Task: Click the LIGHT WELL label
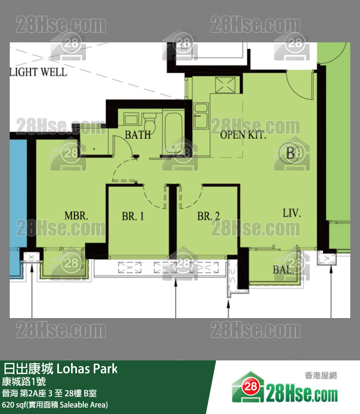coord(38,72)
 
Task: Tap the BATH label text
coord(138,135)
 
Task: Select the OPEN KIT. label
coord(243,135)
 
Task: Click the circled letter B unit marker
coord(290,154)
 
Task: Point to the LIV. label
coord(292,213)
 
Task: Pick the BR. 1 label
coord(133,216)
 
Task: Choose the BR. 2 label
coord(208,216)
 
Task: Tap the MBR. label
coord(76,216)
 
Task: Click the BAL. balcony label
coord(283,270)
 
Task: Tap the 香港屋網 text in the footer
coord(321,376)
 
